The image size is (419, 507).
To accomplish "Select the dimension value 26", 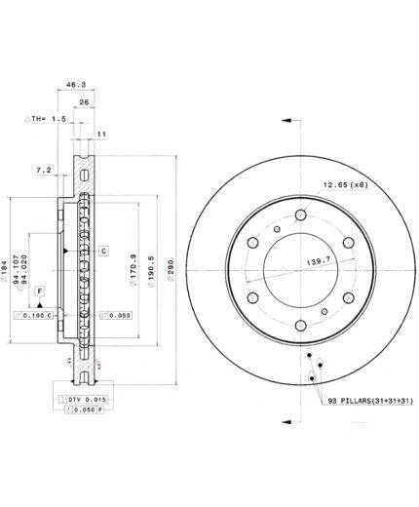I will tap(84, 101).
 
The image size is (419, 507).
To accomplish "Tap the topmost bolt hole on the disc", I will tap(301, 217).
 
